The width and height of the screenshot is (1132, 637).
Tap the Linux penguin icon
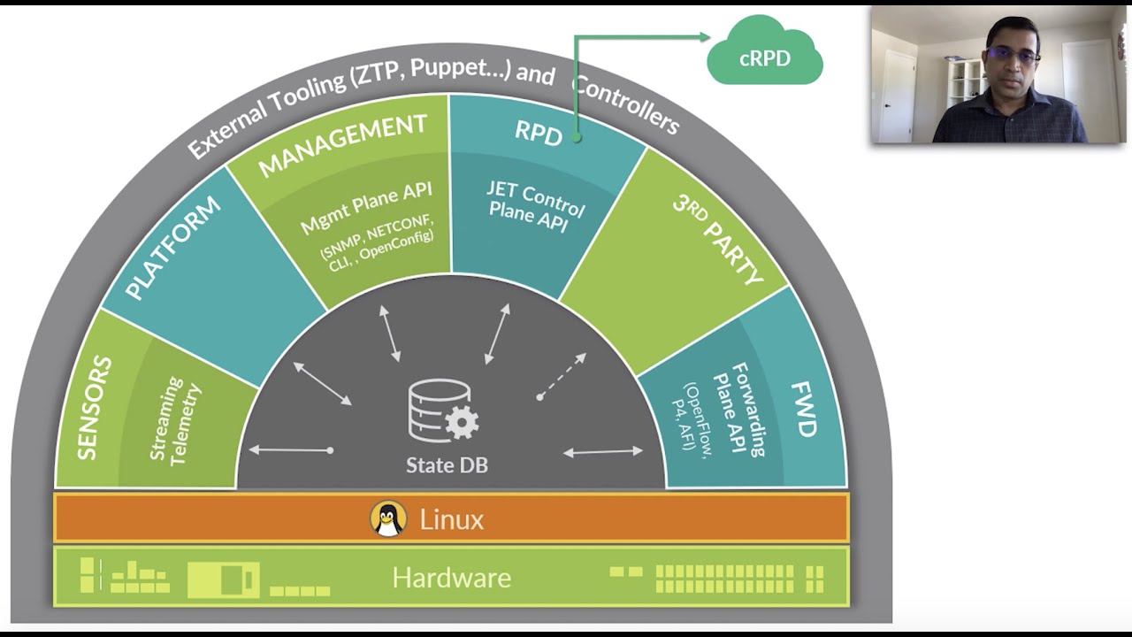point(387,519)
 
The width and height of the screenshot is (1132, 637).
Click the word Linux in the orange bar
point(451,519)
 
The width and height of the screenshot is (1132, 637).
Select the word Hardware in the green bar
point(451,578)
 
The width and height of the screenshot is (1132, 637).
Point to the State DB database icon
point(442,411)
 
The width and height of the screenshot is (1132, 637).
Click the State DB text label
point(447,464)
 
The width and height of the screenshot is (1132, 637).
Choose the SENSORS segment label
point(95,408)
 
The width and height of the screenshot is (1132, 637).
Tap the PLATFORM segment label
point(172,249)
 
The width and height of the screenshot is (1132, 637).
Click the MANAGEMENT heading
point(342,144)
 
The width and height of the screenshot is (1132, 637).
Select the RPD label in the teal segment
point(539,133)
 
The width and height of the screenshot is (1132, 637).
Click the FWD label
point(804,410)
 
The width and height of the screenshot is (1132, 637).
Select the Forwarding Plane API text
point(741,408)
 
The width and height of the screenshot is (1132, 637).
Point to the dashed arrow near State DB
point(562,376)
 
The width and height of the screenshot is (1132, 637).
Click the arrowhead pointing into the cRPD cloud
point(704,37)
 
